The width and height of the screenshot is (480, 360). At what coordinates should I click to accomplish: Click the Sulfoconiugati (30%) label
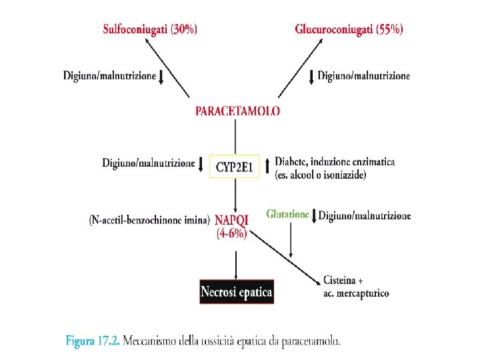[x=149, y=29]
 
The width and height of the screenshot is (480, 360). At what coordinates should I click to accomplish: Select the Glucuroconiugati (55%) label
[x=349, y=29]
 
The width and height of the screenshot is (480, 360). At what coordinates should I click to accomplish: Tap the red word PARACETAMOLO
[x=237, y=111]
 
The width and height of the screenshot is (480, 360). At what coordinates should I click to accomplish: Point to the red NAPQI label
[x=232, y=219]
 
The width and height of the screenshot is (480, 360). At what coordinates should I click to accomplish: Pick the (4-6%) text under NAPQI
[x=231, y=234]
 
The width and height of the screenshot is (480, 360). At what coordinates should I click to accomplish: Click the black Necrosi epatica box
[x=237, y=292]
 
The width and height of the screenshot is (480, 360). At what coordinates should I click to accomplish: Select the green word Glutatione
[x=287, y=215]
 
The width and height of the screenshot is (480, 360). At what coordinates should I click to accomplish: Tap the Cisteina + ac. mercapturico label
[x=355, y=287]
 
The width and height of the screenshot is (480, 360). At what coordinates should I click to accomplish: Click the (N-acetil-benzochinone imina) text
[x=149, y=219]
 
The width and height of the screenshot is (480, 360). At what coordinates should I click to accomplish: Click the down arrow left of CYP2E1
[x=201, y=163]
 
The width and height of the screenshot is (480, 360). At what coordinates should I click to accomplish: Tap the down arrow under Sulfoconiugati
[x=161, y=77]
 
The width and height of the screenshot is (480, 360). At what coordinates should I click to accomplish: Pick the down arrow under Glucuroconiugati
[x=311, y=77]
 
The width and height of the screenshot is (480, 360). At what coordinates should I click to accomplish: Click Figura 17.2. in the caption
[x=93, y=341]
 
